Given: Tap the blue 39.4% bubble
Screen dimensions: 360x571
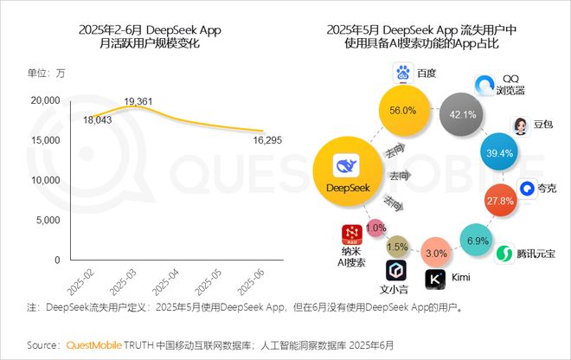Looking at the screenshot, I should (498, 153).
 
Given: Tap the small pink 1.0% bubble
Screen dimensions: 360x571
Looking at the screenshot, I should (375, 228).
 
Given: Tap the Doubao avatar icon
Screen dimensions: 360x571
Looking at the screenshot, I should (523, 125).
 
